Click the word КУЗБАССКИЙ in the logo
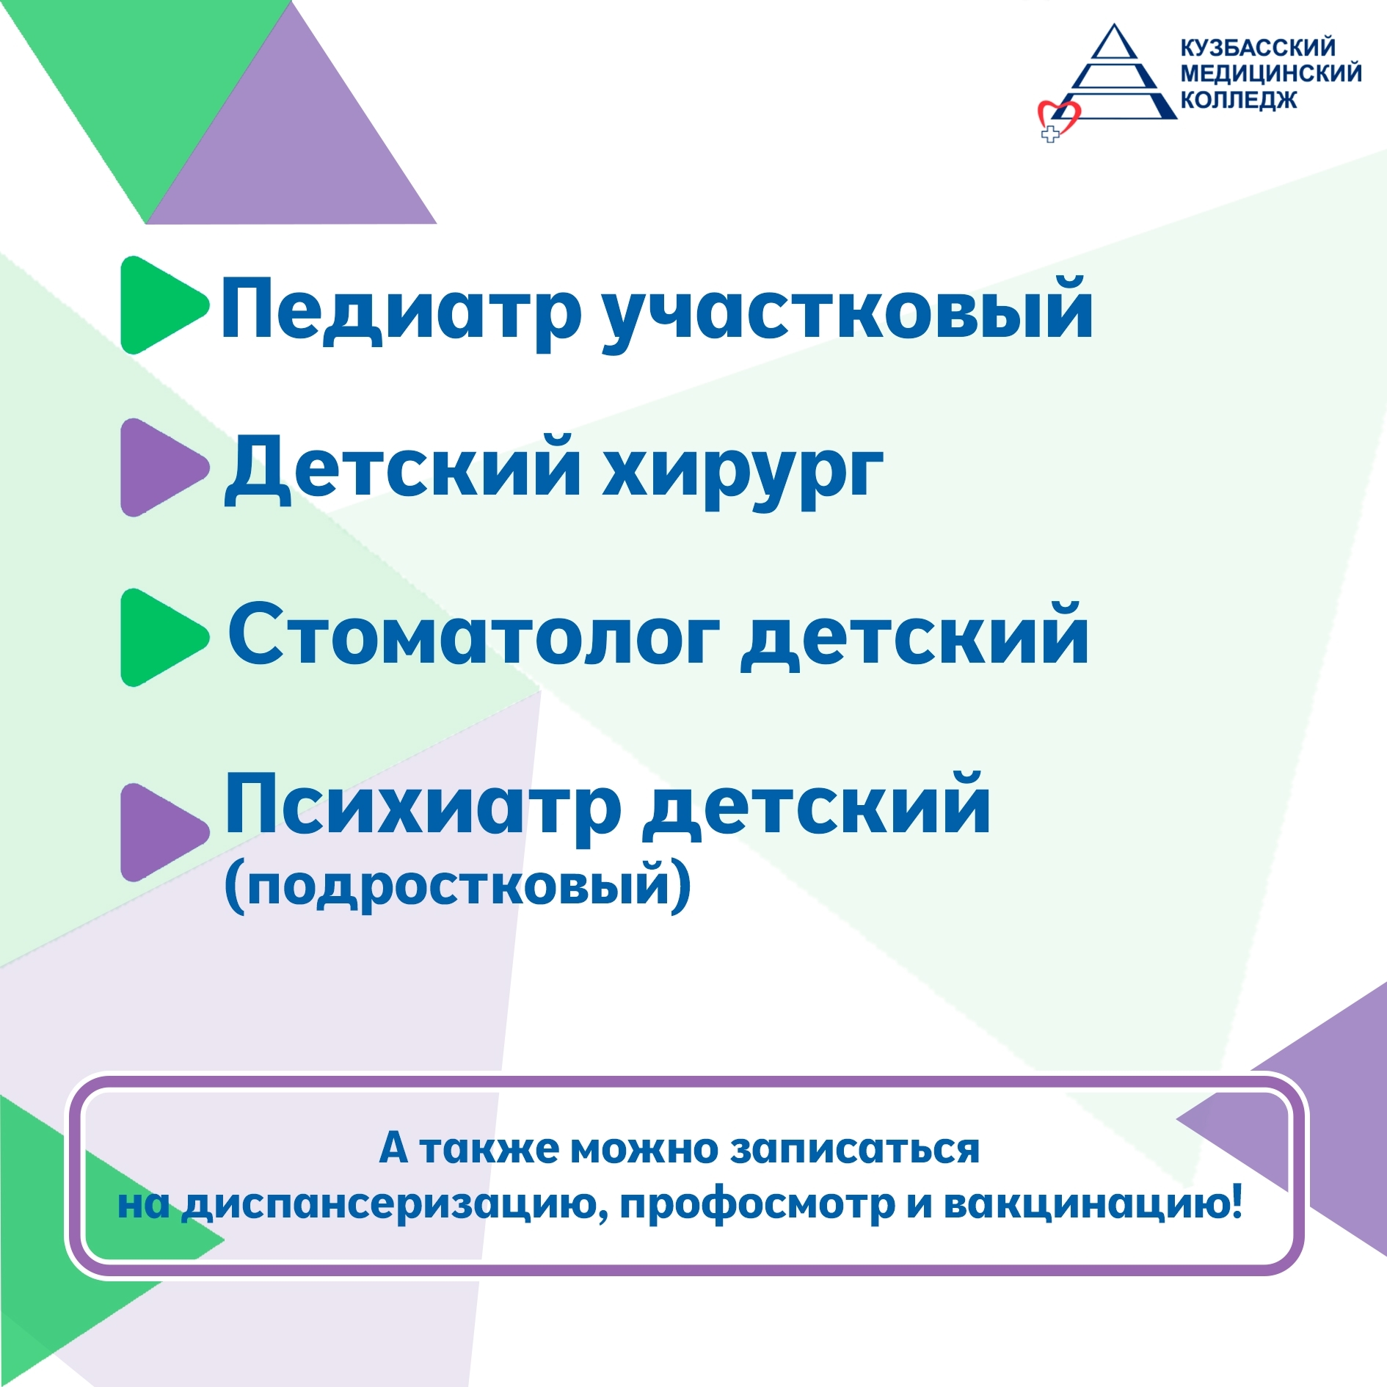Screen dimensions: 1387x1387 click(1258, 48)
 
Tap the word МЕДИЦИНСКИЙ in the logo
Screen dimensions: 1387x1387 click(1271, 73)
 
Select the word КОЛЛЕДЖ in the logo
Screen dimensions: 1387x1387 click(1238, 100)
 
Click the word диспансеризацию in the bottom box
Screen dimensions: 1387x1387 click(395, 1204)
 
